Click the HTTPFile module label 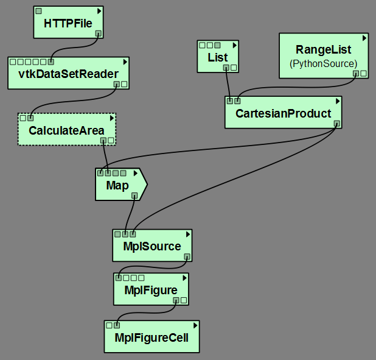pyautogui.click(x=68, y=24)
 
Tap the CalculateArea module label pyautogui.click(x=66, y=130)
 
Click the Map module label pyautogui.click(x=117, y=185)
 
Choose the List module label pyautogui.click(x=217, y=58)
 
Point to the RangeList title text pyautogui.click(x=323, y=50)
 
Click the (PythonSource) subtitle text pyautogui.click(x=323, y=63)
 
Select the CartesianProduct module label pyautogui.click(x=283, y=113)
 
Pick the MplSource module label pyautogui.click(x=152, y=246)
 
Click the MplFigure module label pyautogui.click(x=150, y=290)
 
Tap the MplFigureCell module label pyautogui.click(x=151, y=337)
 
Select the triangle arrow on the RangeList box pyautogui.click(x=364, y=38)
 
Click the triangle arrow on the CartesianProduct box pyautogui.click(x=336, y=101)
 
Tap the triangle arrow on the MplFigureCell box pyautogui.click(x=194, y=325)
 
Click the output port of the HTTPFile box pyautogui.click(x=97, y=34)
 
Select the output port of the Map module pyautogui.click(x=134, y=196)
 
